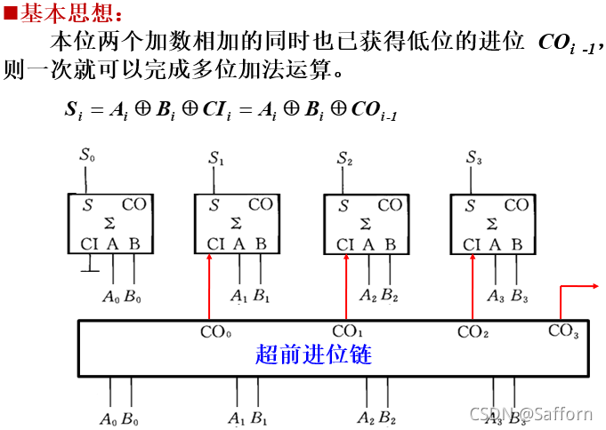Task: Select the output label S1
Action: [216, 159]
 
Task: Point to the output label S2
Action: [345, 159]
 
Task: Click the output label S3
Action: [474, 158]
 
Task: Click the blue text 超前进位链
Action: [313, 355]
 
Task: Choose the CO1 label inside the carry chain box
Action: [345, 332]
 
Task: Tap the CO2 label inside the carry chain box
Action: [473, 332]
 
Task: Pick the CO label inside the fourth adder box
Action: [516, 205]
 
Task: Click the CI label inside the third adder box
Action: [345, 244]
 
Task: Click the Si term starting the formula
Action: [74, 110]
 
